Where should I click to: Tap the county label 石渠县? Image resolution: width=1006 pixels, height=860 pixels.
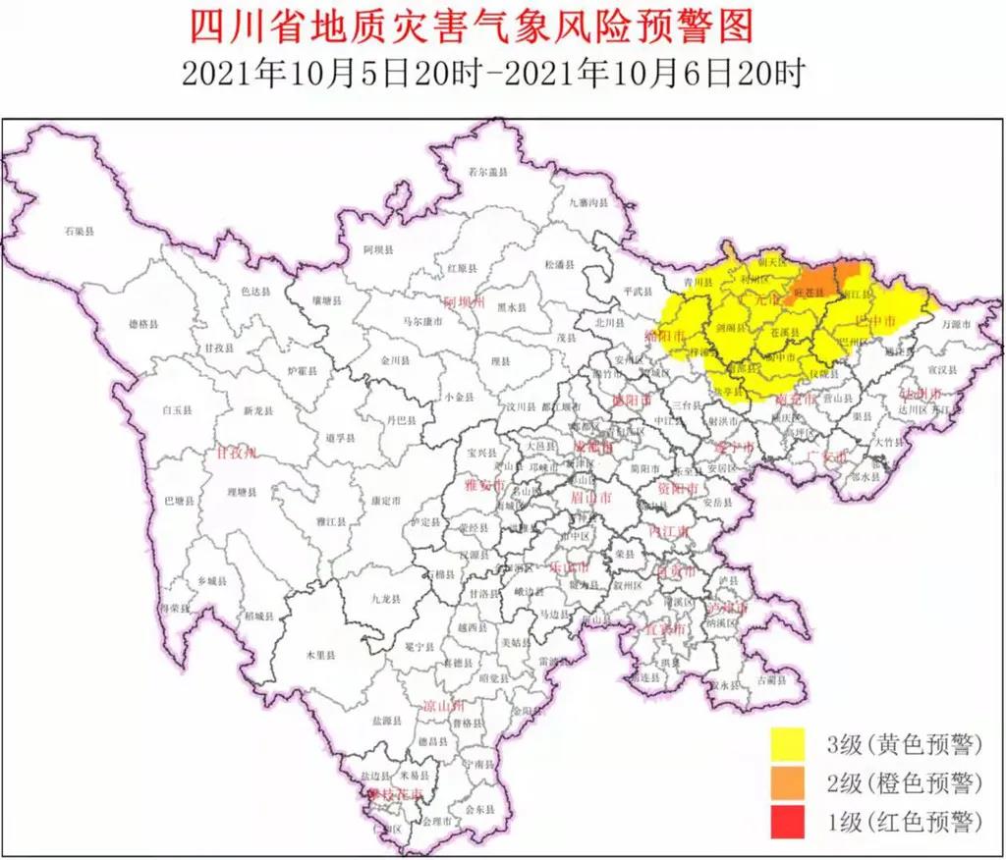pyautogui.click(x=78, y=232)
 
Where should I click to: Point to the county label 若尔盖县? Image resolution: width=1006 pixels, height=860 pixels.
pyautogui.click(x=486, y=171)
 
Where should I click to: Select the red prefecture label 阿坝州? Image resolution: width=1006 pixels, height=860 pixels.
pyautogui.click(x=464, y=302)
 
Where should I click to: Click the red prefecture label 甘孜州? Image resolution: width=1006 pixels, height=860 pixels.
pyautogui.click(x=236, y=453)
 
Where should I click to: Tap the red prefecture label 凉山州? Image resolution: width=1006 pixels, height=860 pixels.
pyautogui.click(x=442, y=705)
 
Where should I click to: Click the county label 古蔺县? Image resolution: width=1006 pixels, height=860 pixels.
pyautogui.click(x=772, y=678)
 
